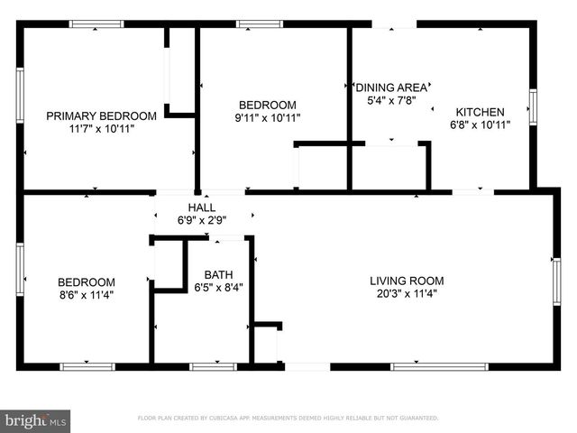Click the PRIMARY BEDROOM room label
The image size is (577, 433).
tap(102, 115)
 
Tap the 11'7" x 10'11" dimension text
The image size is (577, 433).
tap(102, 128)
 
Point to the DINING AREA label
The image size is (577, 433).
tap(391, 88)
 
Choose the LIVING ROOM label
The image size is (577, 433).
tap(407, 281)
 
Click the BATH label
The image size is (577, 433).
tap(218, 275)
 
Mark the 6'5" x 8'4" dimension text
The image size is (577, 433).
tap(218, 288)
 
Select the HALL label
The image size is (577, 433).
tap(201, 207)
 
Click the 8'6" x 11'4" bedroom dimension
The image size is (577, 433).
tap(87, 294)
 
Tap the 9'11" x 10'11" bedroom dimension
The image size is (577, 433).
tap(268, 117)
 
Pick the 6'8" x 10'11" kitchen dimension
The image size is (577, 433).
tap(480, 124)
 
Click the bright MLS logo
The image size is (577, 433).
tap(36, 420)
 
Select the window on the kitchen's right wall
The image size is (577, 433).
tap(533, 106)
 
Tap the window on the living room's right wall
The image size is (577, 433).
tap(556, 281)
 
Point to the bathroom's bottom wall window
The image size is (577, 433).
tap(213, 365)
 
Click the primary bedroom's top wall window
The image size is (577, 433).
tap(96, 24)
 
